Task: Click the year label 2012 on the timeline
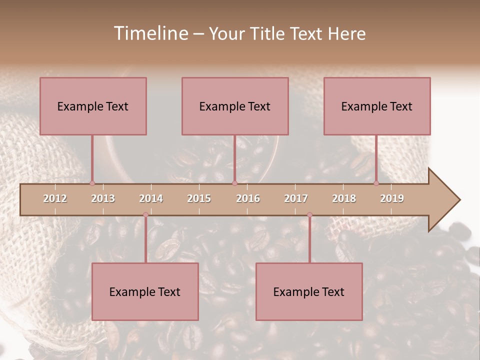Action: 55,199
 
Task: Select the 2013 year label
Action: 103,199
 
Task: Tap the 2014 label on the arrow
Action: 151,199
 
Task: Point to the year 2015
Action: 199,199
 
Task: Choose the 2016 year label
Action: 248,199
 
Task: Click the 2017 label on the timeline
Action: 296,199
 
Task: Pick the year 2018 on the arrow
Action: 344,199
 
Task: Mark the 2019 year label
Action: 392,199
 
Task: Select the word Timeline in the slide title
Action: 150,33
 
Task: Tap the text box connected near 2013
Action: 93,106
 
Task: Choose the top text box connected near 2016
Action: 235,106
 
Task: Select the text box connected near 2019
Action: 377,106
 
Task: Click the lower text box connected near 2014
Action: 145,291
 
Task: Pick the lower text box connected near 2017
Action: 309,291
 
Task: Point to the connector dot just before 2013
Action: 92,183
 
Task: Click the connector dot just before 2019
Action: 376,183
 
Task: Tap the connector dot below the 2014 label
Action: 145,215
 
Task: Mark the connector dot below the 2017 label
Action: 309,215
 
